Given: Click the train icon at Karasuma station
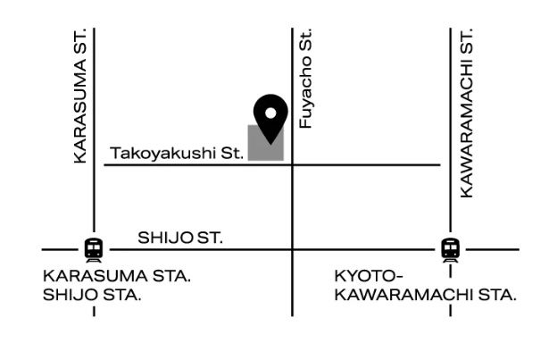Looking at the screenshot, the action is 93,248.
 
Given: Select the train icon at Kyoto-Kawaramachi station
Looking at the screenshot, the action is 451,248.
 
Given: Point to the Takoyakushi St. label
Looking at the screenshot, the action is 177,154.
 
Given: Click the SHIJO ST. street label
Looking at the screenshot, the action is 179,239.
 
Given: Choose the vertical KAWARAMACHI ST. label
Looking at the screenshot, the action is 466,113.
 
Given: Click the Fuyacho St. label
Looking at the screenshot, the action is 306,79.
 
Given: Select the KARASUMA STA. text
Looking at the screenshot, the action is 117,275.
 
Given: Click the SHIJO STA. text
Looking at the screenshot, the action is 91,294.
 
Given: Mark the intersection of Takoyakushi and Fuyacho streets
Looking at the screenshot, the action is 293,164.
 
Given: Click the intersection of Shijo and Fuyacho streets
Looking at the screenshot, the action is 293,248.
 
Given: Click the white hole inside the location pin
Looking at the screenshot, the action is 270,112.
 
